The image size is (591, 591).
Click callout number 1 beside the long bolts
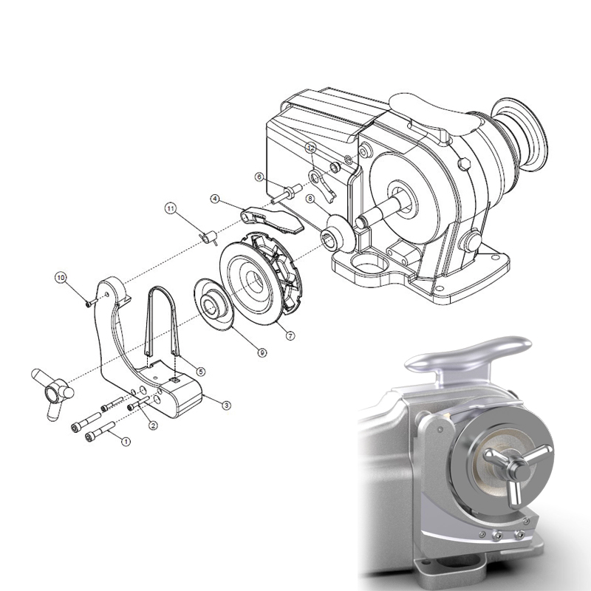tap(125, 441)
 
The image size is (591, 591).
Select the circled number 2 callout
tap(152, 425)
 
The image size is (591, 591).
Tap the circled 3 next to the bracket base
tap(226, 404)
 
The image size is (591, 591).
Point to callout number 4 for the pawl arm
tap(215, 199)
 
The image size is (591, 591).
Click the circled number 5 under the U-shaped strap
tap(200, 371)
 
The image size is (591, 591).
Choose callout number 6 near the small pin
tap(259, 177)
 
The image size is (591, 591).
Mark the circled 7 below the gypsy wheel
tap(290, 335)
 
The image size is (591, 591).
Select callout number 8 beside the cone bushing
tap(311, 199)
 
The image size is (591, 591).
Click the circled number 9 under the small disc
tap(262, 353)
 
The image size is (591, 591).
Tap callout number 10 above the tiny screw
tap(61, 277)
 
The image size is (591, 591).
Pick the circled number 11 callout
tap(170, 209)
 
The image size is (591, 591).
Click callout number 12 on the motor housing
tap(311, 148)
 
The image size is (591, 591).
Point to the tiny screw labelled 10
tap(87, 302)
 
